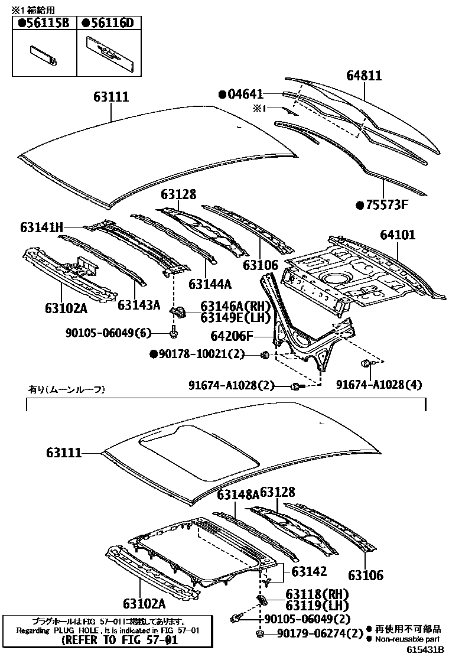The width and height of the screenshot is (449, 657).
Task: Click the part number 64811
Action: [364, 76]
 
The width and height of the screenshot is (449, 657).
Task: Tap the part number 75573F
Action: [386, 206]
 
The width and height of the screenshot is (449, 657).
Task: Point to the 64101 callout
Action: [397, 235]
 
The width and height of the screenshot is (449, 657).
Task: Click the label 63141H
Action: [41, 227]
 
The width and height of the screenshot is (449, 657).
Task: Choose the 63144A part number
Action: [210, 284]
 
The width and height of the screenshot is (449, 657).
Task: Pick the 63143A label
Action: [139, 305]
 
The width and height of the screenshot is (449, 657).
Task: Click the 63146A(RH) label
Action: [235, 306]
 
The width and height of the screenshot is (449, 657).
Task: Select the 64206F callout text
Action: [232, 336]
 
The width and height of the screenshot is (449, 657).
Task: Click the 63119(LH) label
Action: [317, 605]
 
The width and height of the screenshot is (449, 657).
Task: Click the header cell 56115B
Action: [44, 23]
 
